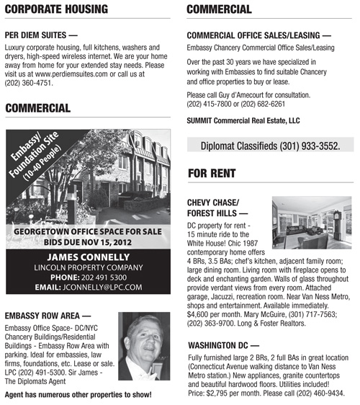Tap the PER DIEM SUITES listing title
coord(40,34)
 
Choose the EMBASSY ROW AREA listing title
coord(48,315)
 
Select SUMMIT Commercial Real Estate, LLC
coord(243,120)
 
